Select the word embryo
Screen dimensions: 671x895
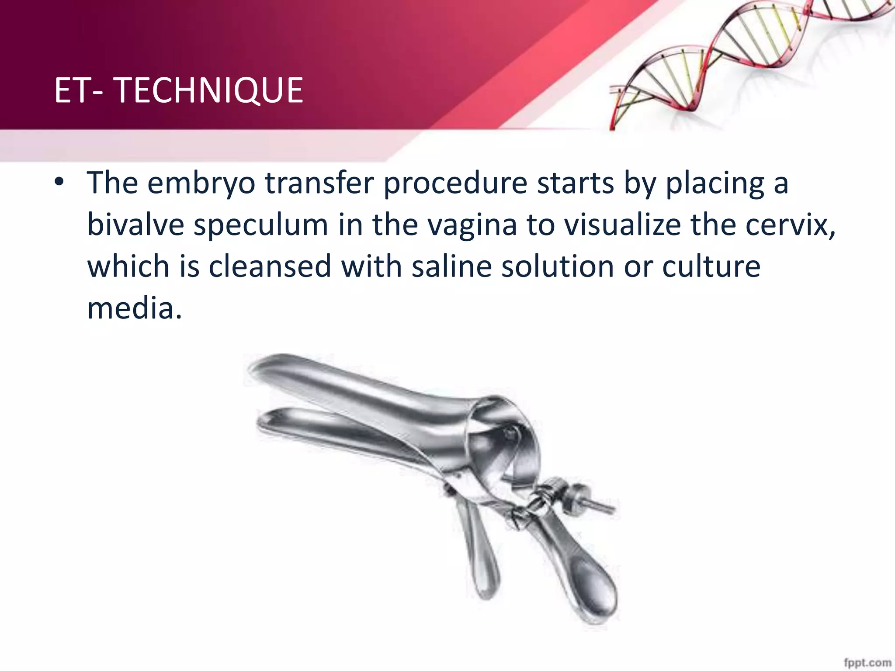tap(201, 183)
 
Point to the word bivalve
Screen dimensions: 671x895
tap(135, 225)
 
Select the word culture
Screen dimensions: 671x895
tap(711, 266)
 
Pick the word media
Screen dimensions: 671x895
tap(134, 308)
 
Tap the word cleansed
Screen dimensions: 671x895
tap(269, 266)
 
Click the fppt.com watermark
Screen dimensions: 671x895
tap(867, 662)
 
